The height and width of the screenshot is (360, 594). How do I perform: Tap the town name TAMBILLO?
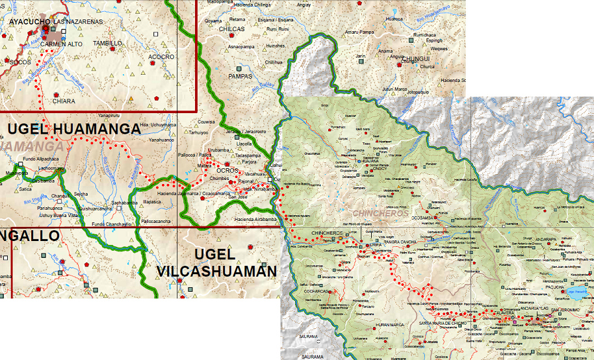pos(107,43)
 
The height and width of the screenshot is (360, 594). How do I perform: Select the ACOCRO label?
pos(161,57)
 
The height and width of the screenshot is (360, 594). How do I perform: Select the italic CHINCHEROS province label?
pos(380,213)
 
